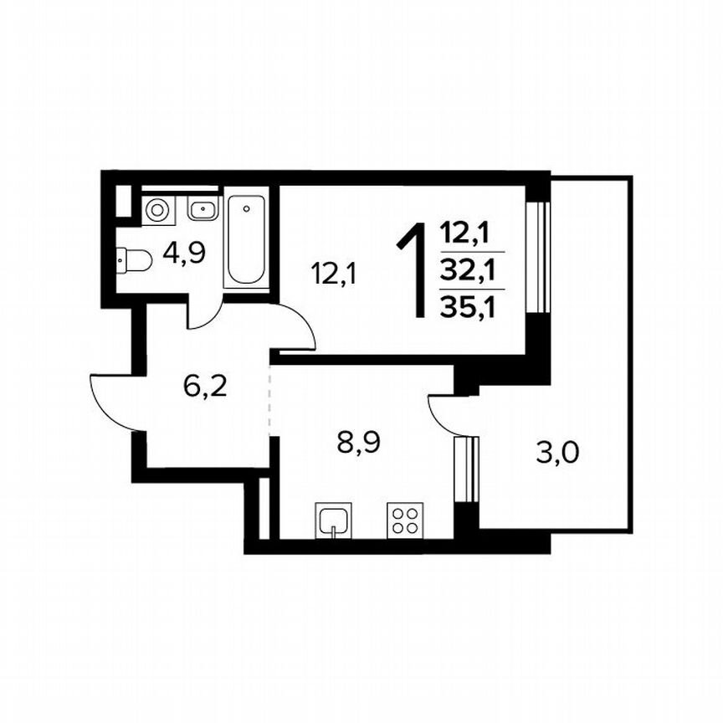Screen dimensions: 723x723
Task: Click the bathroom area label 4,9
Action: pos(185,253)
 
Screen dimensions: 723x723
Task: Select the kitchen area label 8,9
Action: pos(358,441)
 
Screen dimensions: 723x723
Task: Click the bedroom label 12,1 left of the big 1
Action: pos(334,273)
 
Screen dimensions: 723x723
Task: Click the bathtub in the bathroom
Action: pos(248,241)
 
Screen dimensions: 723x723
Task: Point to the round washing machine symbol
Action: pos(156,209)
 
